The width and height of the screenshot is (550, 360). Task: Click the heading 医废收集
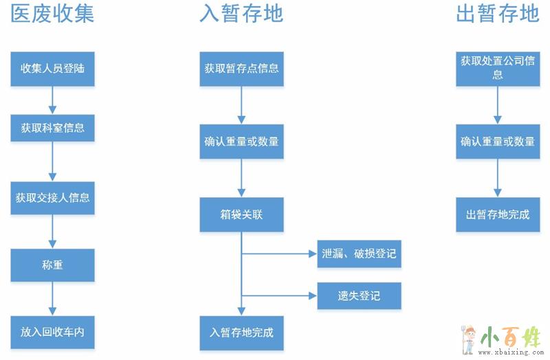[52, 14]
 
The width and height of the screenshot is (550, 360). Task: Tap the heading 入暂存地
[241, 14]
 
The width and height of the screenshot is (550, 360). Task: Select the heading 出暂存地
[498, 14]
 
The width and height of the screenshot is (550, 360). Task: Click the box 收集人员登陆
[53, 68]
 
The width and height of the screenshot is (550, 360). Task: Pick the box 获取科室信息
[53, 128]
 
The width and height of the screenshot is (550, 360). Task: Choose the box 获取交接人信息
[53, 198]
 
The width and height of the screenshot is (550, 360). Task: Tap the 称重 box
[53, 265]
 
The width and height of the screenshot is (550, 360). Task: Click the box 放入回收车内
[53, 332]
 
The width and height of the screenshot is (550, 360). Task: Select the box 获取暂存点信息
[241, 68]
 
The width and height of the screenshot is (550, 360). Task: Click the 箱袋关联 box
[241, 215]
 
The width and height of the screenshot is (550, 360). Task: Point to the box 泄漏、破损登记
[359, 254]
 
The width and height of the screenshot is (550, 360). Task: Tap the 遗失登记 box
[359, 296]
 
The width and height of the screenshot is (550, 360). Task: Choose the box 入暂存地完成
[241, 332]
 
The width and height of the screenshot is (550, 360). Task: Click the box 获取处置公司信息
[498, 68]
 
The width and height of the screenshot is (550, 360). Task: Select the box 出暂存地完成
[498, 214]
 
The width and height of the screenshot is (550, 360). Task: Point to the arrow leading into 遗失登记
[282, 296]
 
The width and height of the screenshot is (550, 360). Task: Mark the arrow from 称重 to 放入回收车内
[52, 298]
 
